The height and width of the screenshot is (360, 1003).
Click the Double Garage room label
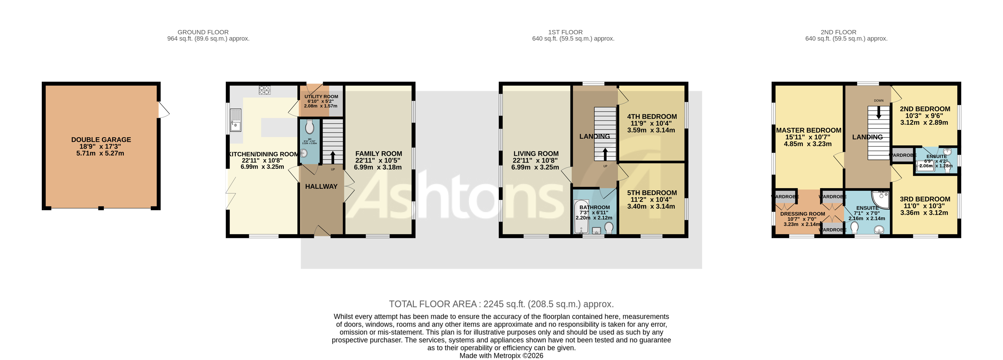(101, 139)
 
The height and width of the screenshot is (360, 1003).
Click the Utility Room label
(321, 97)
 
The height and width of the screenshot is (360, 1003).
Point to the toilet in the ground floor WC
(309, 126)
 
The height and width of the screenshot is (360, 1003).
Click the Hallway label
(321, 186)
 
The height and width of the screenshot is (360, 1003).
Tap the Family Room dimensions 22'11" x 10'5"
(378, 160)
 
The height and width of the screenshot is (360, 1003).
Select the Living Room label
(536, 154)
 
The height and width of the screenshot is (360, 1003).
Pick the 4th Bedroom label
(652, 116)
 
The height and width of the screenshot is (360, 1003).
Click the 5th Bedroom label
(652, 193)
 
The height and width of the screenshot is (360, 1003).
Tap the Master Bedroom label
(808, 130)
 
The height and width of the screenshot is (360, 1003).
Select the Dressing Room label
(803, 214)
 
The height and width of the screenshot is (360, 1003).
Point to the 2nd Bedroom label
(925, 109)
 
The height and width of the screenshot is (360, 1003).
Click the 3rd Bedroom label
(925, 199)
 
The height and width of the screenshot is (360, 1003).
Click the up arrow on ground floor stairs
(333, 157)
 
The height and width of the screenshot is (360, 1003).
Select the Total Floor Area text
(501, 304)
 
